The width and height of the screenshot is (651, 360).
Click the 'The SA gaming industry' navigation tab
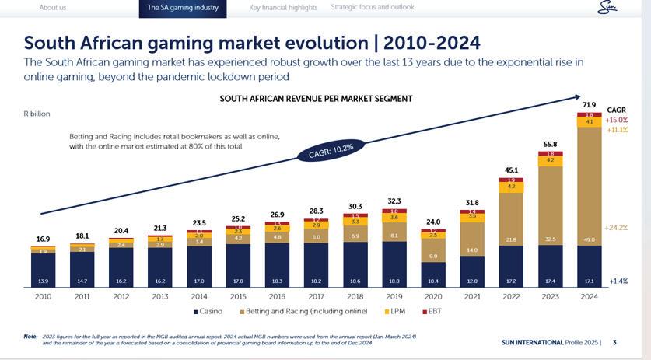tap(183, 8)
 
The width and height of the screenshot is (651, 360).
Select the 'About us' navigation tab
tap(53, 7)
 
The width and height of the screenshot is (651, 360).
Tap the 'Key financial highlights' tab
tap(283, 7)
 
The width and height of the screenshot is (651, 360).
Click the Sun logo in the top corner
tap(606, 8)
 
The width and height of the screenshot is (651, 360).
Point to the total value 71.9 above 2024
tap(590, 104)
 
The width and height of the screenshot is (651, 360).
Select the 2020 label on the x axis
tap(433, 296)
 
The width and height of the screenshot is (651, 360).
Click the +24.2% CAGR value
tap(616, 228)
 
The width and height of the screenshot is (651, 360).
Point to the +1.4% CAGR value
tap(618, 281)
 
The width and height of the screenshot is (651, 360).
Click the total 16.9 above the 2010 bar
tap(44, 239)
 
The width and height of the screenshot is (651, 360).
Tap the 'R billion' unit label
tap(37, 114)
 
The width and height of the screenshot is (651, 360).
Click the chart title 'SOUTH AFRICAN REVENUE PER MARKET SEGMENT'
tap(316, 99)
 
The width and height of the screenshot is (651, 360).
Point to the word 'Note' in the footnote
tap(30, 336)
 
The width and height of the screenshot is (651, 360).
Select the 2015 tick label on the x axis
tap(238, 296)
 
